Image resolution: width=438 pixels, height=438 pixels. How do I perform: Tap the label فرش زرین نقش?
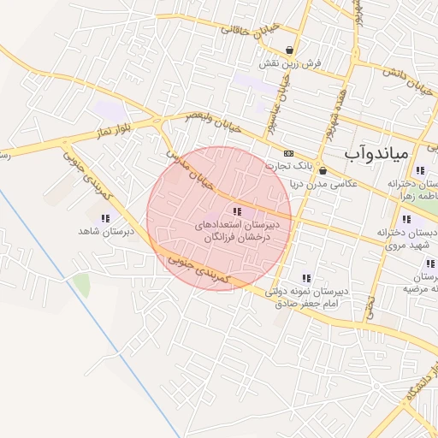[x=291, y=63]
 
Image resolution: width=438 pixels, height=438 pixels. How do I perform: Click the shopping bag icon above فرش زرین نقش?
[x=291, y=50]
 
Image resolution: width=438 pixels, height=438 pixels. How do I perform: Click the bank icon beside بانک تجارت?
[x=288, y=153]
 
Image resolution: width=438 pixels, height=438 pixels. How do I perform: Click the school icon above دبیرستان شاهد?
[x=104, y=219]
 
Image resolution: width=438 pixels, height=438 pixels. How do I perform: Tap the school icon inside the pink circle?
[x=237, y=210]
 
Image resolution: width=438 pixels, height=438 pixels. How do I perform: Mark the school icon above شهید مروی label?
[x=405, y=219]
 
